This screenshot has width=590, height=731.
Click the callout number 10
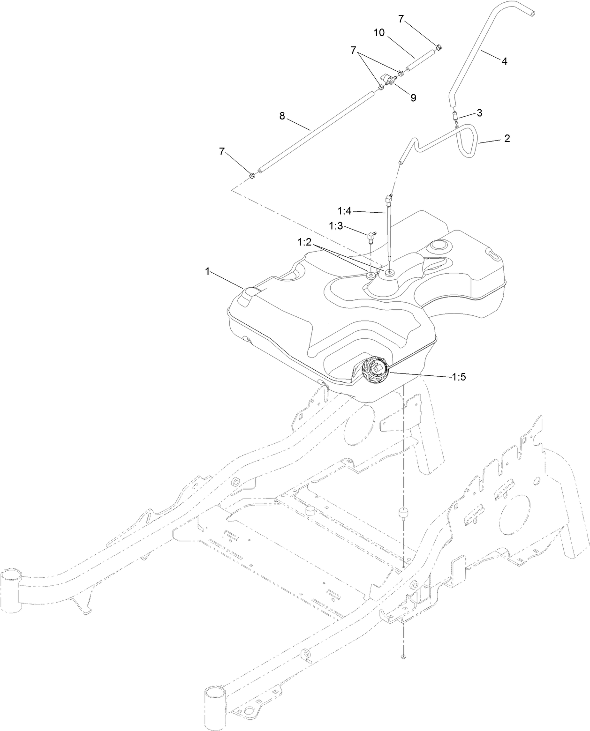(x=379, y=33)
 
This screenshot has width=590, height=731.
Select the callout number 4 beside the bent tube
(x=504, y=61)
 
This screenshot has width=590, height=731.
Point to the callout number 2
(x=507, y=139)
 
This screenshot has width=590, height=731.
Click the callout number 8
(x=282, y=116)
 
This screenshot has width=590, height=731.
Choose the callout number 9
(x=413, y=97)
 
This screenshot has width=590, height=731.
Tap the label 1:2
(x=305, y=242)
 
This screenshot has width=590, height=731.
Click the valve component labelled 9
(x=387, y=81)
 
